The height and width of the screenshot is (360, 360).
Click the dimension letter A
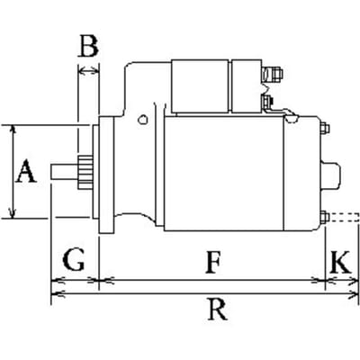click(x=26, y=171)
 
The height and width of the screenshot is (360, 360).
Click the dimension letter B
click(x=88, y=46)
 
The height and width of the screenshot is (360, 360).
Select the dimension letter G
click(x=74, y=259)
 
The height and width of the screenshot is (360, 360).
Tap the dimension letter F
click(x=213, y=263)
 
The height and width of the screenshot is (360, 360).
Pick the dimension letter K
click(x=340, y=262)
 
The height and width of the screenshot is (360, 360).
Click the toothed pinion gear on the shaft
click(x=85, y=173)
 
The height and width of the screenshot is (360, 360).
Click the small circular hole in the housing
click(x=143, y=120)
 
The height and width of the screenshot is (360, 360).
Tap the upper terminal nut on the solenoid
click(x=272, y=75)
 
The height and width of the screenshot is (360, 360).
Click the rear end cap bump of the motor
click(x=330, y=177)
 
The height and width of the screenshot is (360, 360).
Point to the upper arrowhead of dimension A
click(x=13, y=130)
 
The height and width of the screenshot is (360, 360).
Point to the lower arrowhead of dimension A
click(x=13, y=213)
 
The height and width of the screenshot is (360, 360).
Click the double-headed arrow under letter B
click(x=88, y=71)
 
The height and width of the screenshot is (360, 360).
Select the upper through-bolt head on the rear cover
click(x=325, y=128)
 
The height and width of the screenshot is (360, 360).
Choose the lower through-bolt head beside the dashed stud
click(x=325, y=217)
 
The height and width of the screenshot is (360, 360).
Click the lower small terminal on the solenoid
click(x=266, y=102)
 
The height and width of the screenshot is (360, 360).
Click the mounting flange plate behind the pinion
click(x=106, y=175)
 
